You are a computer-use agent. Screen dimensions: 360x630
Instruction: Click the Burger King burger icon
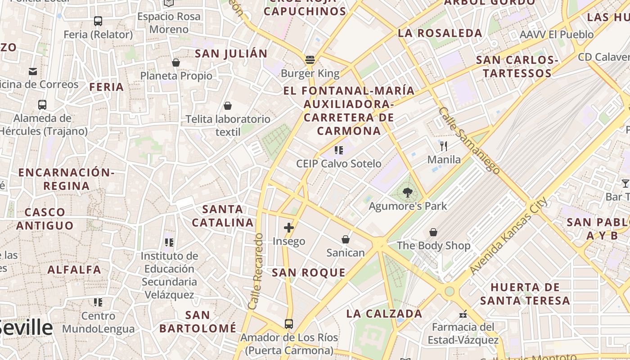pos(310,60)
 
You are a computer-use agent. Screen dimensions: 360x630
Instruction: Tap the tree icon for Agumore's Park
pos(407,193)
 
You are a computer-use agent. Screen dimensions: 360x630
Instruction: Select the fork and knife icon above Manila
pos(444,146)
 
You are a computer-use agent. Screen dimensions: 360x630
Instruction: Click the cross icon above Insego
pos(289,228)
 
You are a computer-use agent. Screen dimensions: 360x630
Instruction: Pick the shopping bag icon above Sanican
pos(346,239)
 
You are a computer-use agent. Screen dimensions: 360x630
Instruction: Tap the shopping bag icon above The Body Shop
pos(433,232)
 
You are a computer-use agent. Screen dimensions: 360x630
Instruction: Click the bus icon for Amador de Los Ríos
pos(289,324)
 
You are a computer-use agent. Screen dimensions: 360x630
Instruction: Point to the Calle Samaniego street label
pos(469,140)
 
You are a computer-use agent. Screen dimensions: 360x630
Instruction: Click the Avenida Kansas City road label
pos(508,236)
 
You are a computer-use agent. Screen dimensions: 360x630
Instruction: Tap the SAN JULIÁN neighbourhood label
pos(231,54)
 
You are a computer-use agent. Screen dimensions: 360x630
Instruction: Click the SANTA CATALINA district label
pos(223,216)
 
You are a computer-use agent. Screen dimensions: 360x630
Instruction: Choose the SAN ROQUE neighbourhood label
pos(309,273)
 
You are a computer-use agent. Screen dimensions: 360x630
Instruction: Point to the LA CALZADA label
pos(384,314)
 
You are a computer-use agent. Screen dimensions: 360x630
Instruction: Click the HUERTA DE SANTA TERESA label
pos(525,294)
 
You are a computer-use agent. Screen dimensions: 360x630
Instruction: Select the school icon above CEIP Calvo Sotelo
pos(339,150)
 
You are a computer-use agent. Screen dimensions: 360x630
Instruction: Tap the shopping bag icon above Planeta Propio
pos(176,63)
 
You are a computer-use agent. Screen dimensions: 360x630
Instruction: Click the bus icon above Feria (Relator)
pos(98,21)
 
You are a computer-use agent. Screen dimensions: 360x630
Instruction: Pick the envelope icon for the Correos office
pos(33,72)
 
